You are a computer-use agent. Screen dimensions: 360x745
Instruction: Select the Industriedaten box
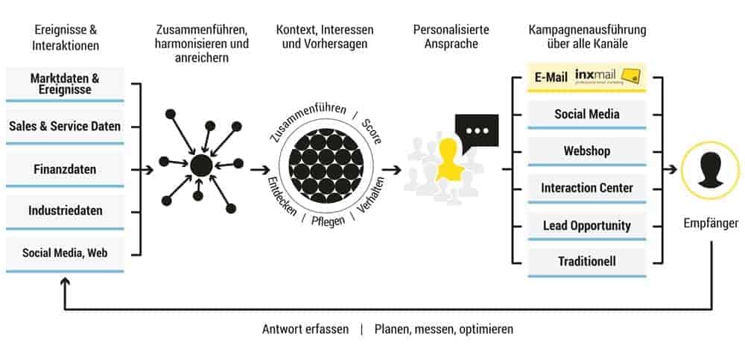[65, 211]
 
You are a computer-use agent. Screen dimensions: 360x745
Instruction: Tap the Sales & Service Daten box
[65, 127]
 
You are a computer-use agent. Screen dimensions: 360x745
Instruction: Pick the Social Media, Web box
[65, 253]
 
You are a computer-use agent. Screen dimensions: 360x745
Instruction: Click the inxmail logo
[607, 77]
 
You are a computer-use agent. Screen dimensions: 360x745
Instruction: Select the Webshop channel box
[586, 151]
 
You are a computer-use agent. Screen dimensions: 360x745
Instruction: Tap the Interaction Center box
[586, 189]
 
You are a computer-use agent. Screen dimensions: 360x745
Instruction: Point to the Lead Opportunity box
[586, 225]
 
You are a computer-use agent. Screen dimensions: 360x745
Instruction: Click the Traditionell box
[586, 262]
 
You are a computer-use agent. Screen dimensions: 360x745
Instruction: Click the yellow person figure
[449, 160]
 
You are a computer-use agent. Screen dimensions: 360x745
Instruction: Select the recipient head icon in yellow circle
[710, 169]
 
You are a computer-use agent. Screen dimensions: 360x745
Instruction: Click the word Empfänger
[710, 223]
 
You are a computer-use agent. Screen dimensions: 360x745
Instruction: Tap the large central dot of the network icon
[200, 165]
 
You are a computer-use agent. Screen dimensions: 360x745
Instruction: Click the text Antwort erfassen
[305, 329]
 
